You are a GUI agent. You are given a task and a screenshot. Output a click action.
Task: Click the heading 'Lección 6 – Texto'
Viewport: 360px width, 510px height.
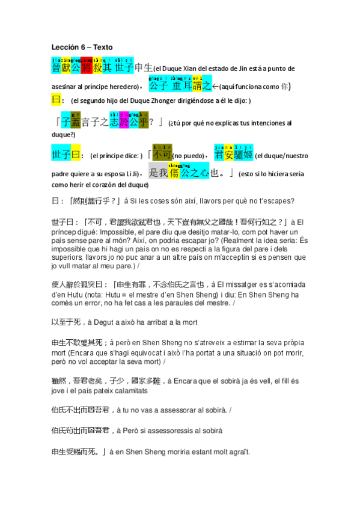(x=82, y=47)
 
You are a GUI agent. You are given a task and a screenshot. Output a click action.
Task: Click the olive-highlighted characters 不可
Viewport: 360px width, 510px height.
(x=162, y=155)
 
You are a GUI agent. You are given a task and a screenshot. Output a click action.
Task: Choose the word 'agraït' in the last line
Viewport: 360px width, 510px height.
(x=235, y=451)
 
